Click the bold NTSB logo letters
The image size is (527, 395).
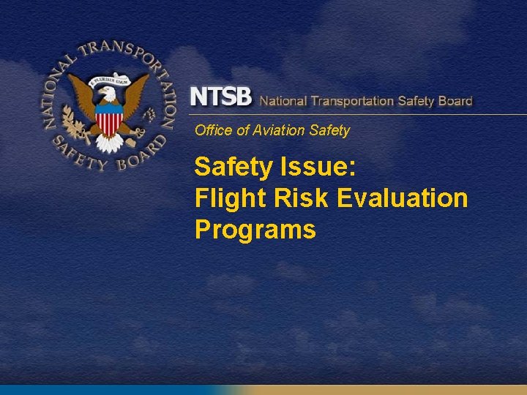pyautogui.click(x=220, y=97)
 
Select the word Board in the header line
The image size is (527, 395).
pyautogui.click(x=455, y=100)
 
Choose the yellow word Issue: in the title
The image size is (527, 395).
pyautogui.click(x=318, y=168)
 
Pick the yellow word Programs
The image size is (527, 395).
pyautogui.click(x=255, y=230)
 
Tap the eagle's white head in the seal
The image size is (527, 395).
pyautogui.click(x=108, y=93)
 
